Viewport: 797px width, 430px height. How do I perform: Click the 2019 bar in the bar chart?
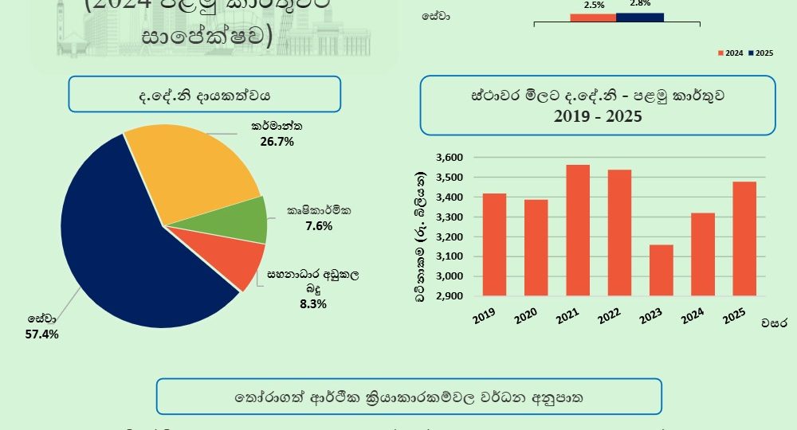(x=495, y=244)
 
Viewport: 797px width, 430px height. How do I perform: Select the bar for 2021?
(x=579, y=230)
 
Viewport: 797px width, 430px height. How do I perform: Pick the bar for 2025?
(x=744, y=239)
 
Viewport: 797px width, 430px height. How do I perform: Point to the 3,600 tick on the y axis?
(x=451, y=158)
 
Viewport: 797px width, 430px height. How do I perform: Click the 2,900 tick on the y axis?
(x=451, y=296)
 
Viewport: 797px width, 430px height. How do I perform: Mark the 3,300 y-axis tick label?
(x=451, y=217)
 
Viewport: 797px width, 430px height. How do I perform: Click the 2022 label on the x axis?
(x=610, y=315)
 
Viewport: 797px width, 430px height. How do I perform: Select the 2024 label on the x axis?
(x=693, y=315)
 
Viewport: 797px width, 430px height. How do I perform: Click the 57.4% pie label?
(x=42, y=334)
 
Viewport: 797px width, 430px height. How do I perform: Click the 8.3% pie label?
(x=312, y=303)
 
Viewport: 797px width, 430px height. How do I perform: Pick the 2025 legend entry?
(x=763, y=53)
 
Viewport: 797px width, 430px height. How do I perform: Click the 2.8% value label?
(x=639, y=3)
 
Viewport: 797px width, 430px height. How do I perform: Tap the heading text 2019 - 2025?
(x=598, y=115)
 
